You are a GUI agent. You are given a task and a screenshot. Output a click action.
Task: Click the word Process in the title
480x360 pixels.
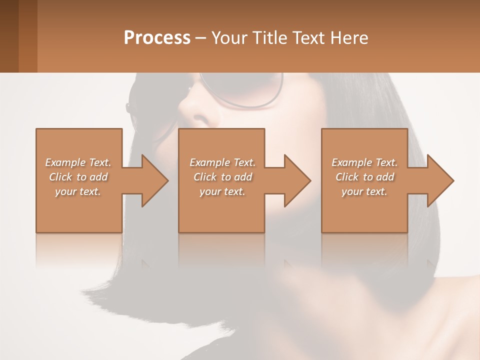coord(157,38)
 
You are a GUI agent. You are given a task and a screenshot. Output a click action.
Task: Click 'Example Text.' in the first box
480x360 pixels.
coord(78,162)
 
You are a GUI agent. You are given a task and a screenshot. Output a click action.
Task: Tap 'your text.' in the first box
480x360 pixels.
coord(78,191)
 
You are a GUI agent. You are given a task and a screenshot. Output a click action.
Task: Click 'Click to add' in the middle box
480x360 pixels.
coord(222,177)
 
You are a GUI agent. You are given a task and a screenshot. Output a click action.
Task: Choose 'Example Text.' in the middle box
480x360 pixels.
coord(222,162)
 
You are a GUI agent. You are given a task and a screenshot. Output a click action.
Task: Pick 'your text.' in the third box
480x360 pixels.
coord(364,191)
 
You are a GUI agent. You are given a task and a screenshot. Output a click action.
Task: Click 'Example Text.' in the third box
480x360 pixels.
coord(364,162)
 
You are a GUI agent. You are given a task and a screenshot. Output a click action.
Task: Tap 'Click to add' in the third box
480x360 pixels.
coord(364,177)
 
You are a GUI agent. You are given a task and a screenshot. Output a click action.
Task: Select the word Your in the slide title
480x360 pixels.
coord(229,38)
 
